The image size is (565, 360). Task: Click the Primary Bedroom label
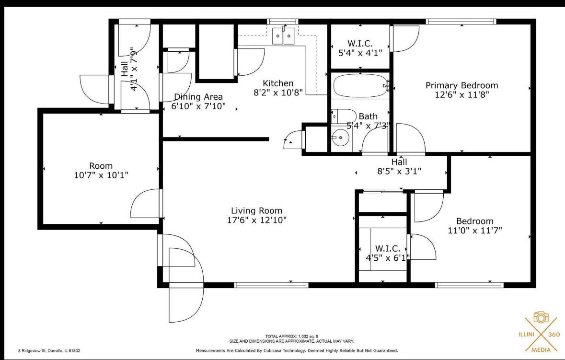(461, 85)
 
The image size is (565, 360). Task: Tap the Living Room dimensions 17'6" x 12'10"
(256, 220)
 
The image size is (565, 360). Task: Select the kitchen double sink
(283, 36)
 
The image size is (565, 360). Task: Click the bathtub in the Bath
(359, 86)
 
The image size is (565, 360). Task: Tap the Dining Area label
(198, 97)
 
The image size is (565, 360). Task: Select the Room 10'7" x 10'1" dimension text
(101, 175)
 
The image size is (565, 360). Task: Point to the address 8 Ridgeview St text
(49, 350)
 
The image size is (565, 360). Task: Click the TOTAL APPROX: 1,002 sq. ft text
(291, 336)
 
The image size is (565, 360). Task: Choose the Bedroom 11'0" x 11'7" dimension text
(474, 231)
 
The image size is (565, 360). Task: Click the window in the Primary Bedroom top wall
(461, 21)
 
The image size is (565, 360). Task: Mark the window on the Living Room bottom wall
(271, 285)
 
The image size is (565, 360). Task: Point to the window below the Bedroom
(469, 285)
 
